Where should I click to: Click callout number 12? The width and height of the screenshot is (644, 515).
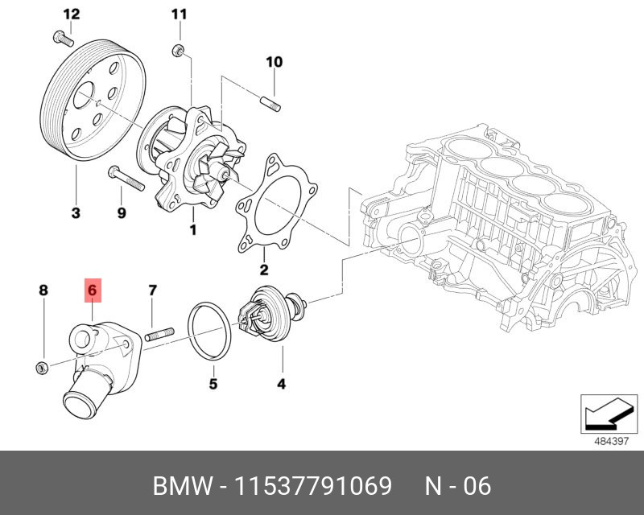(72, 14)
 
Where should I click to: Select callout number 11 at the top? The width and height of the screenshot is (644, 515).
(179, 14)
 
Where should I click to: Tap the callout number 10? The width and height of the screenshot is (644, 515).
(274, 62)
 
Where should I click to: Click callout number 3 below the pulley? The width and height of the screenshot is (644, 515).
(75, 213)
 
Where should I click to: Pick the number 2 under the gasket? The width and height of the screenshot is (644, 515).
(263, 270)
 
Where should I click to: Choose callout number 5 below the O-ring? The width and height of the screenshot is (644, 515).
(213, 384)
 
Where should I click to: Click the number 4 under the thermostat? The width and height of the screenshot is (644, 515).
(281, 384)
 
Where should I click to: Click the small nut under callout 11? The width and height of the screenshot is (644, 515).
(179, 52)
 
